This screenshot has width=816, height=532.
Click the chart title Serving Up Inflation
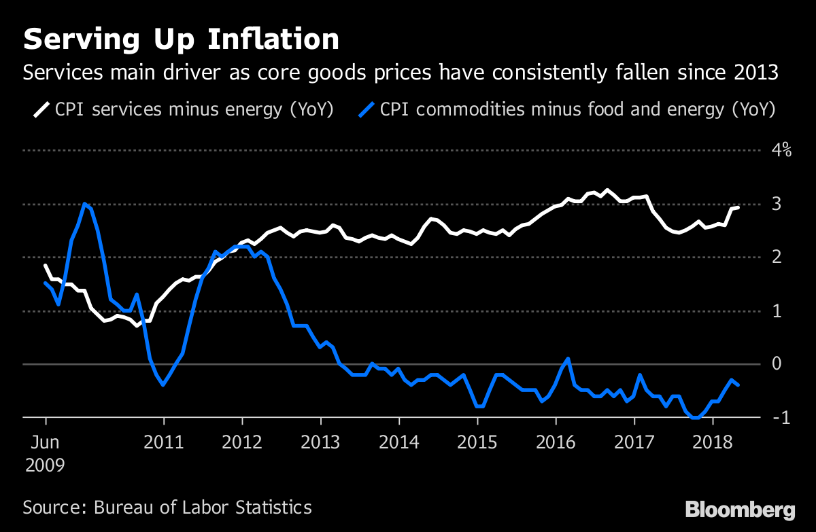(181, 39)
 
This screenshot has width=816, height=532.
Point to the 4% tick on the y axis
(780, 150)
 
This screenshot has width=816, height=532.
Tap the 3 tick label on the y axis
(775, 204)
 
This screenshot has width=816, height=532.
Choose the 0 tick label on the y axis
(775, 364)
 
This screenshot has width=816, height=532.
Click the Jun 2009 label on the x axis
(45, 454)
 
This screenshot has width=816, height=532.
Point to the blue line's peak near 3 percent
(84, 203)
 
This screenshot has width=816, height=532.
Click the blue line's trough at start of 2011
(163, 385)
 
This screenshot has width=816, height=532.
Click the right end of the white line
(738, 207)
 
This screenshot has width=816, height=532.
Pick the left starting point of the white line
(45, 265)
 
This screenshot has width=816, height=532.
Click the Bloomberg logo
(740, 510)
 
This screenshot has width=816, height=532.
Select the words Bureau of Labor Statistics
(203, 507)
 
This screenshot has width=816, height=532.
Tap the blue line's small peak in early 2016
(568, 358)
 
